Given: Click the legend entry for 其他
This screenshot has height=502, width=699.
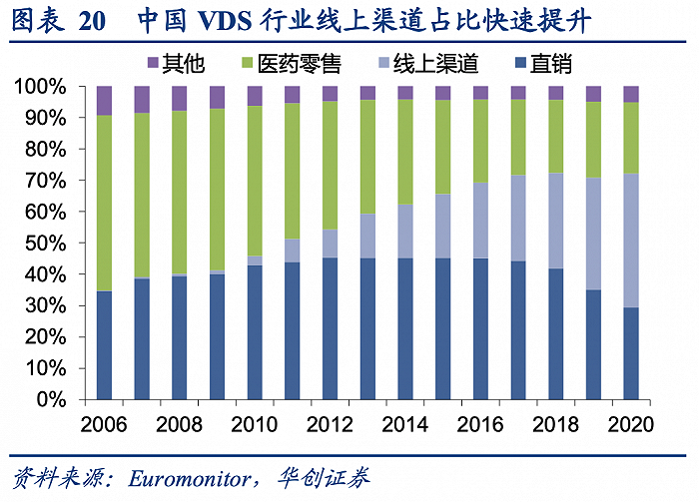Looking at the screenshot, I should tap(177, 65).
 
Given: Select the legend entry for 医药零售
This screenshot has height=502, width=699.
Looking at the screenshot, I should tap(290, 65).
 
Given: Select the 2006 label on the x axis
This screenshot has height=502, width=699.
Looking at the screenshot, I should tap(105, 423).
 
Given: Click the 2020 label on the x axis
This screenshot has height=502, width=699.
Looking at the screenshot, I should tap(629, 423).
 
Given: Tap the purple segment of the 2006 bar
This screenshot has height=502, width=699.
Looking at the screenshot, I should tap(105, 101).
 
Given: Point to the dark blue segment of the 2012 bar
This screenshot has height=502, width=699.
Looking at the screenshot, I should tap(330, 328).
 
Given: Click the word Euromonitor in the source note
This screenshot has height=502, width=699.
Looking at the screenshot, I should tap(191, 478).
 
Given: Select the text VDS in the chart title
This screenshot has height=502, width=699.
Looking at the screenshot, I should tap(228, 21).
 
